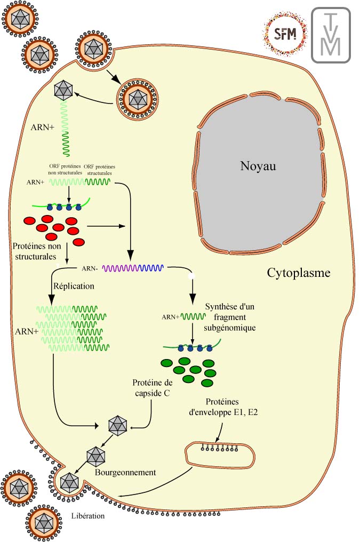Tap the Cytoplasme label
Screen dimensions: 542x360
[x=299, y=273]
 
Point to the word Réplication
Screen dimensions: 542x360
[x=74, y=286]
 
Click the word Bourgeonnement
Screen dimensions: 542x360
[x=125, y=472]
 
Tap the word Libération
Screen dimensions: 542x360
[x=88, y=516]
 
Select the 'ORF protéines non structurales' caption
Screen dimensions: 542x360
[x=67, y=170]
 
